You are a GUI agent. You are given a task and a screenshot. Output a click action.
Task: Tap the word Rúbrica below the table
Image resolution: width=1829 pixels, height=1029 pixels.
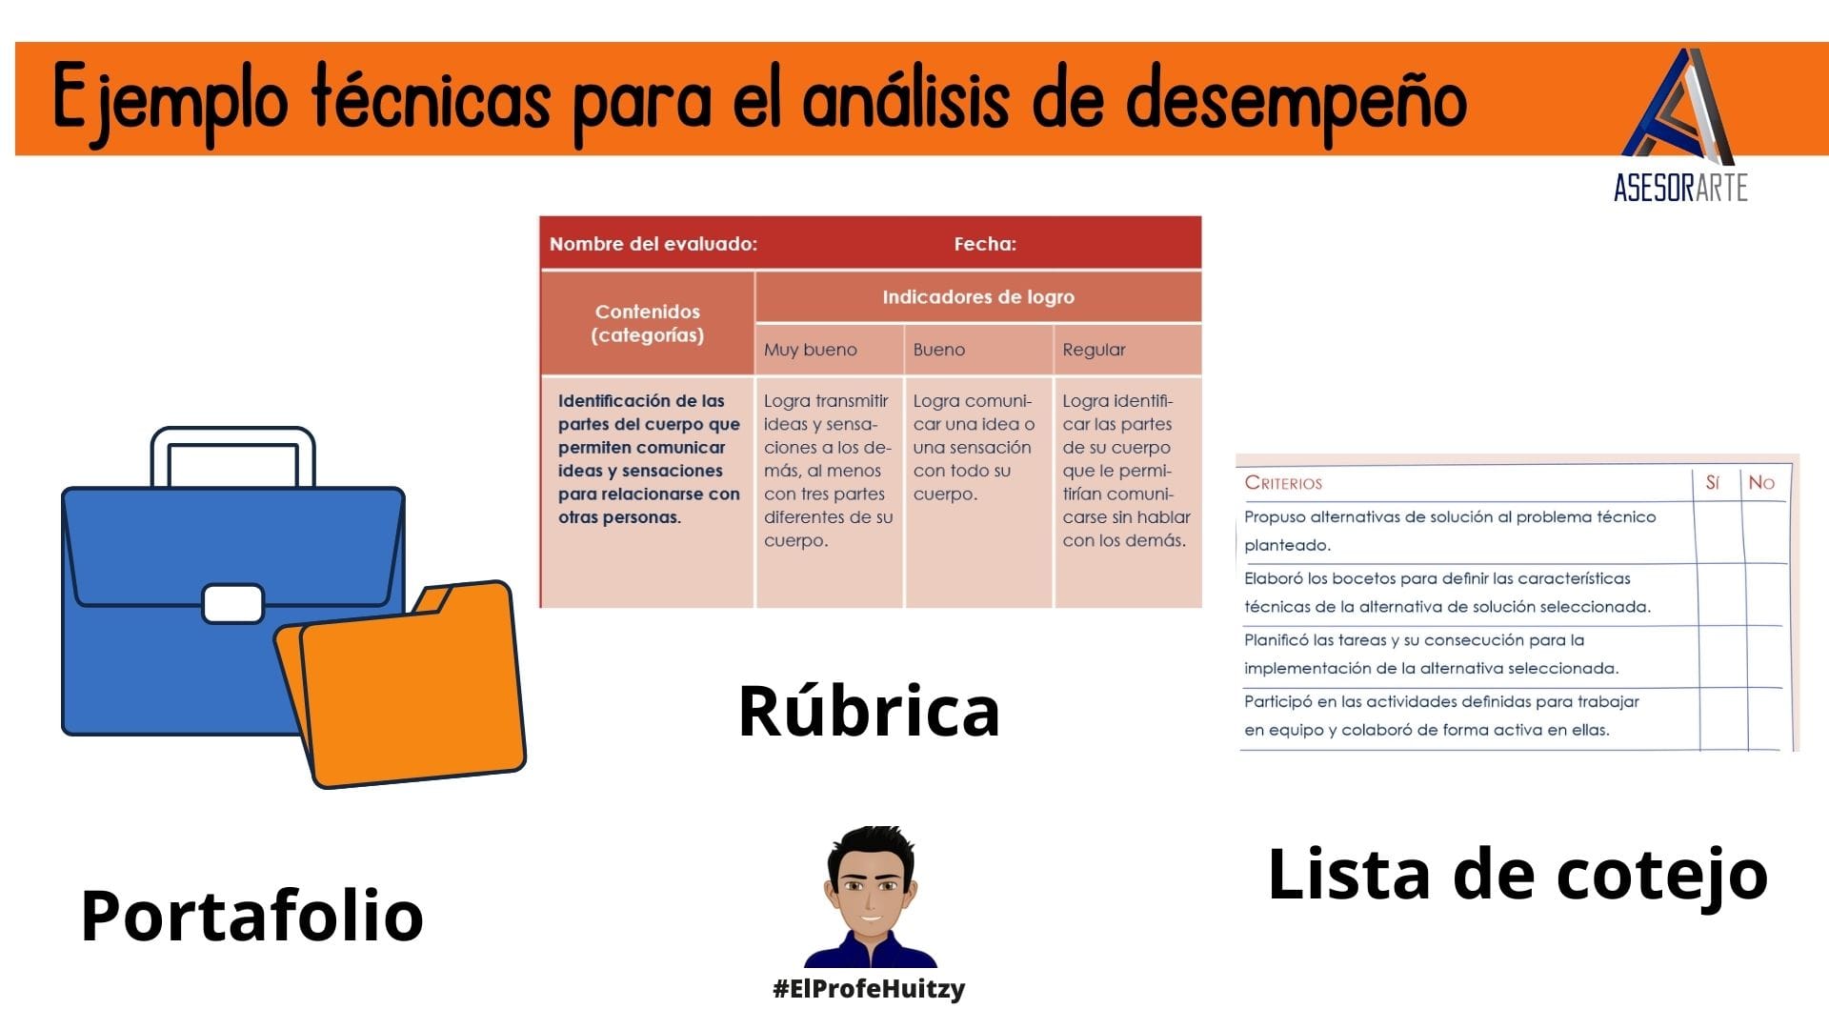869,711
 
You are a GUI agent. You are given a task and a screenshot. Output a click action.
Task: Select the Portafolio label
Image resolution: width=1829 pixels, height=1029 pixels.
252,916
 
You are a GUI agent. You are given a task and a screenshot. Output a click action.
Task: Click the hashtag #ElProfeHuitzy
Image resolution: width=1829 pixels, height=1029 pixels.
869,989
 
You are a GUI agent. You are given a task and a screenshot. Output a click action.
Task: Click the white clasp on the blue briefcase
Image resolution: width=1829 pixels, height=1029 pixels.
233,604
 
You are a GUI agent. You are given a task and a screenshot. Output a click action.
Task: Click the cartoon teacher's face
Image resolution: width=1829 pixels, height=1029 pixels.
870,891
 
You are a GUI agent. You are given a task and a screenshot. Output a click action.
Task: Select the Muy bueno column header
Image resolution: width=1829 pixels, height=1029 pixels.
811,350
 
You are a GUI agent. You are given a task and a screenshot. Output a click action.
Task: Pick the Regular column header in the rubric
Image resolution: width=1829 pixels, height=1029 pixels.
1094,350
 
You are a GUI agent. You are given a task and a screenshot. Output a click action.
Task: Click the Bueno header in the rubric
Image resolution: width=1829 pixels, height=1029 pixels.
939,350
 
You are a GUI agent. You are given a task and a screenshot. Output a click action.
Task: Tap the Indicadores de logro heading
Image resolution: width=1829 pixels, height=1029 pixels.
978,297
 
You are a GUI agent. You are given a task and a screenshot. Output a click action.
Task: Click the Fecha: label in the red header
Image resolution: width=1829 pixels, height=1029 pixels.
985,244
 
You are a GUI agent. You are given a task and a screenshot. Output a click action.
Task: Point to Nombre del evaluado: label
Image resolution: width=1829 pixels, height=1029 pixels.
653,244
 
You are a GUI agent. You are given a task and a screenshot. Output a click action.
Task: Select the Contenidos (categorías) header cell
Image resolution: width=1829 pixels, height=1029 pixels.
648,323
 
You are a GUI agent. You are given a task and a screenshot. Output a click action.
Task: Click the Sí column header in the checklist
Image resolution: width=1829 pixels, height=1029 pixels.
1713,483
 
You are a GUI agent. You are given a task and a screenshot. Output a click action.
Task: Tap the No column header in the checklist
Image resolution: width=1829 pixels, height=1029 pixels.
1761,483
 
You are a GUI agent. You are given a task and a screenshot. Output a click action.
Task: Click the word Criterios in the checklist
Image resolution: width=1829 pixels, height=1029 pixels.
1283,483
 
